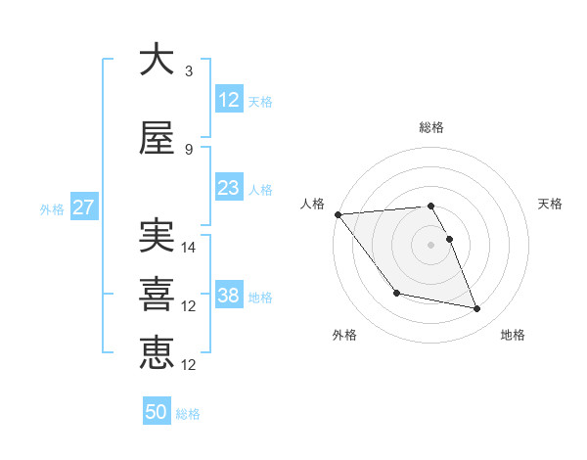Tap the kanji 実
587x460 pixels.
pyautogui.click(x=157, y=236)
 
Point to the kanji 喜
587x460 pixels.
pyautogui.click(x=157, y=295)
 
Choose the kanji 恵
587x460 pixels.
pyautogui.click(x=157, y=353)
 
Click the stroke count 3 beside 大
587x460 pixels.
pyautogui.click(x=189, y=71)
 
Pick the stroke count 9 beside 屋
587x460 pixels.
pyautogui.click(x=189, y=150)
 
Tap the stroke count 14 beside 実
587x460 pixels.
pyautogui.click(x=190, y=248)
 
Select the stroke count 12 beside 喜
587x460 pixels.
pyautogui.click(x=190, y=306)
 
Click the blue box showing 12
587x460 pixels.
pyautogui.click(x=228, y=100)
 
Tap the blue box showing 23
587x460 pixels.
pyautogui.click(x=228, y=188)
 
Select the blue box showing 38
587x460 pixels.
pyautogui.click(x=228, y=296)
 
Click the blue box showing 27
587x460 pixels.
pyautogui.click(x=83, y=207)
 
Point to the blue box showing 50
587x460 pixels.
pyautogui.click(x=157, y=413)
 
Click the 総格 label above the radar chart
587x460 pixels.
pyautogui.click(x=431, y=127)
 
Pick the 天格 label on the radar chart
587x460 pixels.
pyautogui.click(x=550, y=204)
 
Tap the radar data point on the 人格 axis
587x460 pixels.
pyautogui.click(x=338, y=214)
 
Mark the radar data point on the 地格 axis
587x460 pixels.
pyautogui.click(x=477, y=309)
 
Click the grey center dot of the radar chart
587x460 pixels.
pyautogui.click(x=431, y=245)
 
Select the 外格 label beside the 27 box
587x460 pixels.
pyautogui.click(x=51, y=208)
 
